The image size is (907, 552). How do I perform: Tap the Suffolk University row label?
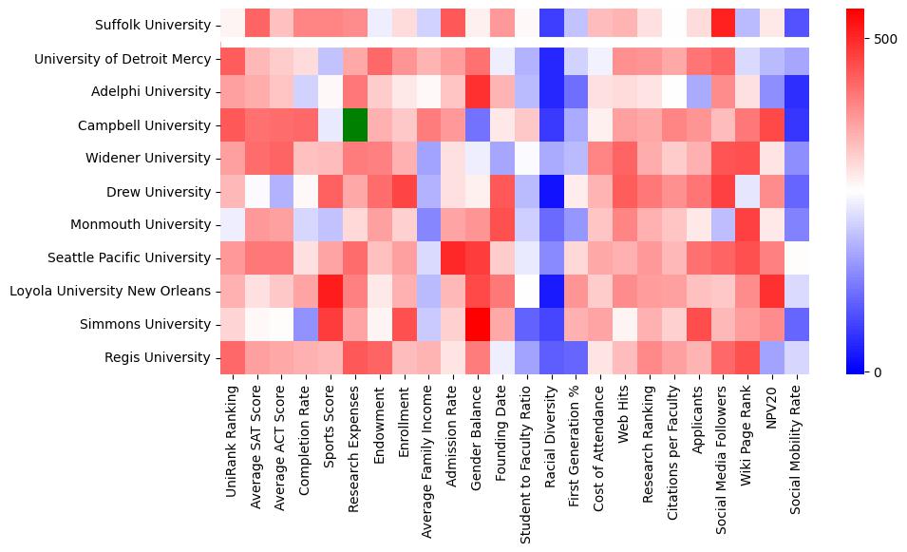click(x=153, y=26)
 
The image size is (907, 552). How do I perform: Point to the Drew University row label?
click(x=162, y=192)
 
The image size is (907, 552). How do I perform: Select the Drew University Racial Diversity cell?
click(x=551, y=192)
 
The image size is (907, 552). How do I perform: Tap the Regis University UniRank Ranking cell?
click(x=231, y=358)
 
